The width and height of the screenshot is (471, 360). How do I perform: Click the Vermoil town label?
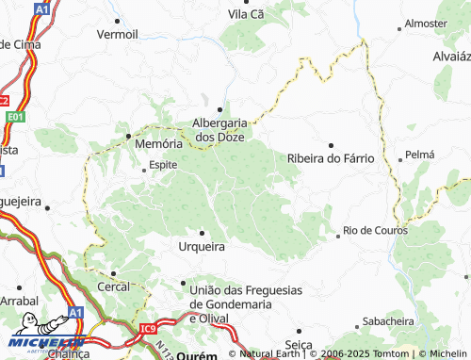(117, 34)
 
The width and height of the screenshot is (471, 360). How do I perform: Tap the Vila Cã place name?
(251, 15)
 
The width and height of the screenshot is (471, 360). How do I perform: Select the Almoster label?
(425, 22)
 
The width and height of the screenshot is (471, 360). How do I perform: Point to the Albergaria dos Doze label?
(219, 129)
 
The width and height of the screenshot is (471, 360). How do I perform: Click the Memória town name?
(158, 145)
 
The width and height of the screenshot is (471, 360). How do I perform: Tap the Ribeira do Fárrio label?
(330, 158)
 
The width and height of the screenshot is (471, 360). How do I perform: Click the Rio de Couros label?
(374, 230)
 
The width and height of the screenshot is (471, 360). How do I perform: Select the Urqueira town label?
(202, 246)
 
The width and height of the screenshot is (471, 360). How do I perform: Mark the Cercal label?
(113, 286)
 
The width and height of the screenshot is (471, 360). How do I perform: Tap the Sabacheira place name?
(387, 320)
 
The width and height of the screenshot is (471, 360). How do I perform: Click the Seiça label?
(299, 344)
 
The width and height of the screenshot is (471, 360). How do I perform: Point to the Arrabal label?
(17, 299)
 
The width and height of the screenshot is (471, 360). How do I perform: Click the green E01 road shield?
(13, 117)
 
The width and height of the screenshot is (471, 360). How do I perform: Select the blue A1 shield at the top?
(42, 8)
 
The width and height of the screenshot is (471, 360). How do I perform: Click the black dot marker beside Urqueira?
(202, 232)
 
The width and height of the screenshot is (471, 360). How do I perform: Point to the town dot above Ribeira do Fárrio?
(330, 144)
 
